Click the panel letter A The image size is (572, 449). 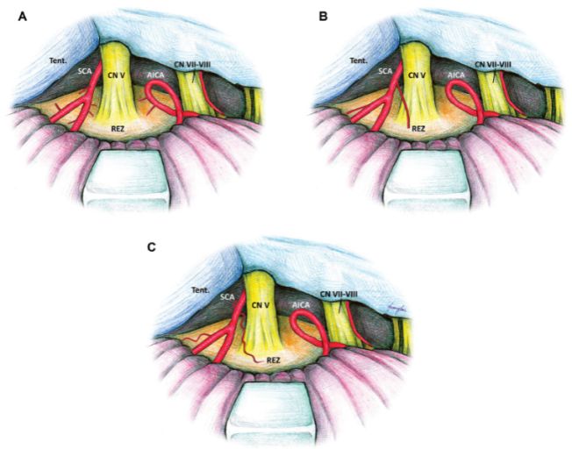21,17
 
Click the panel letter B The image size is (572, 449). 324,17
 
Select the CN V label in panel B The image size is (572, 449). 417,76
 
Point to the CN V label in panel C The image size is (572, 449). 260,305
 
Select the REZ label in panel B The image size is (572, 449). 418,129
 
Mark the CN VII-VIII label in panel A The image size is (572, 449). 197,64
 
